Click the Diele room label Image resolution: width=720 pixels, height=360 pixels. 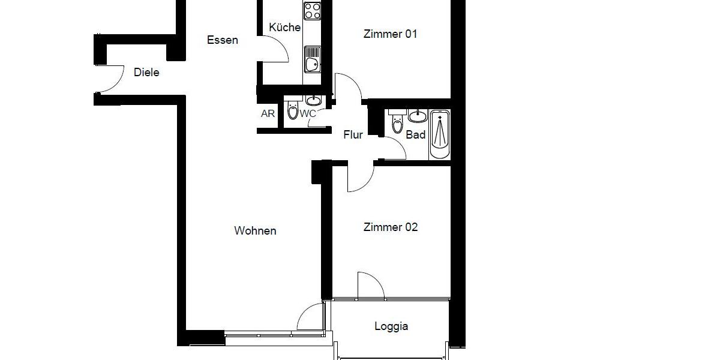tap(146, 73)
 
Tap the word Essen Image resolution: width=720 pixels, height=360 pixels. tap(223, 40)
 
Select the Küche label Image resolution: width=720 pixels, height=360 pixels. tap(284, 28)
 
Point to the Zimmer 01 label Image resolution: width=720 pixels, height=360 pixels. tap(390, 34)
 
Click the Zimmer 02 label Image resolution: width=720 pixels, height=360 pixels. tap(391, 227)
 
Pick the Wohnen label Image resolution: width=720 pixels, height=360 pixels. tap(255, 231)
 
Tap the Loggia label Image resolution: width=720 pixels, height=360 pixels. tap(391, 326)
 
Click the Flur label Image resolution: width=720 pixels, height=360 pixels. tap(353, 135)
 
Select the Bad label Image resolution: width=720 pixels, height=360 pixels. tap(416, 135)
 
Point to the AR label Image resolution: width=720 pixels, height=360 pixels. tap(268, 113)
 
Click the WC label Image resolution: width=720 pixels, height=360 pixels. tap(308, 113)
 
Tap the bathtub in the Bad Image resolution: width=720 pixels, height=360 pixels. tap(440, 134)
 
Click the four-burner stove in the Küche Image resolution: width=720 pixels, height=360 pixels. tap(312, 10)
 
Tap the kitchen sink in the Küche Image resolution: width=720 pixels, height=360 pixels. tap(312, 63)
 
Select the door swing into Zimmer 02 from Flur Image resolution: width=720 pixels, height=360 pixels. tap(360, 178)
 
